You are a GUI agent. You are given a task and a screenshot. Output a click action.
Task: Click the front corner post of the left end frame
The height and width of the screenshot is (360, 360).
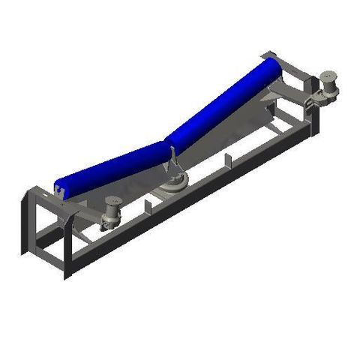[66, 247]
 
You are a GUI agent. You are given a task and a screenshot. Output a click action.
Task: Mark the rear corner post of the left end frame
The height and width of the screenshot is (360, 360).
[25, 217]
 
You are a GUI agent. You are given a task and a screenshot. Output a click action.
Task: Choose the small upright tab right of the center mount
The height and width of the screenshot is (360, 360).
[225, 159]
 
